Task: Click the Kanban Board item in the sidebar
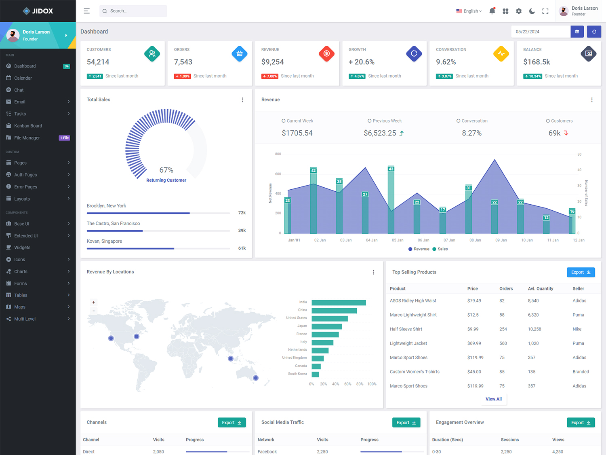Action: (x=28, y=126)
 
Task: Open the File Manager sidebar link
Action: (x=27, y=138)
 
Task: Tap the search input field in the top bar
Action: (x=133, y=11)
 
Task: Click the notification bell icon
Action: (x=492, y=11)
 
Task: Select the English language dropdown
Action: (x=469, y=11)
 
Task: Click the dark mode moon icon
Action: (x=532, y=11)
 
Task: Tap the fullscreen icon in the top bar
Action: (x=545, y=11)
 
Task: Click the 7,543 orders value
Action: (x=183, y=62)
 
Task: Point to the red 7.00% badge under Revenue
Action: (x=270, y=76)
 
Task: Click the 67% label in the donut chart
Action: (x=166, y=170)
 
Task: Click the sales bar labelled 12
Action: (x=546, y=225)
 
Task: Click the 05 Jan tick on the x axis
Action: (x=398, y=240)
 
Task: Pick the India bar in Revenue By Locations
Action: (x=339, y=303)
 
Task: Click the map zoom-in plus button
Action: (x=94, y=303)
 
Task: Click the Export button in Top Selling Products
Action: (x=581, y=272)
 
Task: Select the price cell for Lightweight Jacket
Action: (x=474, y=343)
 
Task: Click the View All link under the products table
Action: (x=493, y=399)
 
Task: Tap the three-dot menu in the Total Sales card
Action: (x=242, y=100)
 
